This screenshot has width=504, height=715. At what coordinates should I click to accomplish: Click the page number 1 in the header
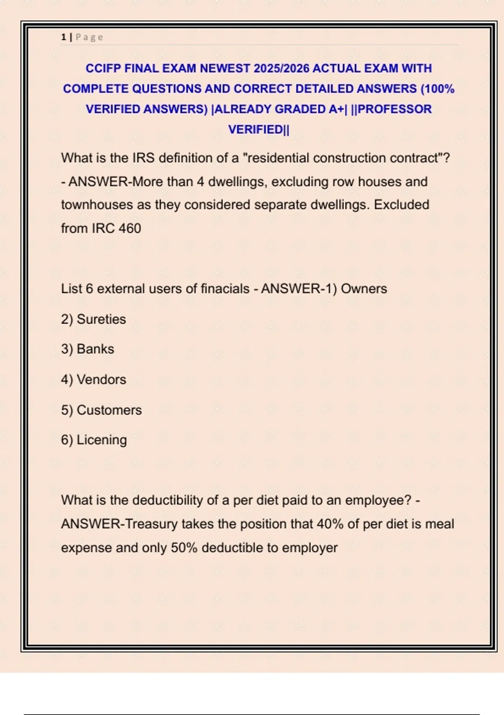[63, 37]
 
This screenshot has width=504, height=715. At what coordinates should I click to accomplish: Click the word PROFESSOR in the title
[394, 109]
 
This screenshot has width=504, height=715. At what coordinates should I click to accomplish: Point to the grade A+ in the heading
[336, 109]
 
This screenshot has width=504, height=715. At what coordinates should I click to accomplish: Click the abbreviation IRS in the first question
[144, 158]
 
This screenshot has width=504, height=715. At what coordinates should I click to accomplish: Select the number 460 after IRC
[129, 228]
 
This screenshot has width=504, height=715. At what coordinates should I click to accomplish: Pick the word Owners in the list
[364, 289]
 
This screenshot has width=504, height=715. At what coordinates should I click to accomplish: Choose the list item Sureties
[101, 319]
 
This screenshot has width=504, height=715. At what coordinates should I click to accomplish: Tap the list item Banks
[95, 349]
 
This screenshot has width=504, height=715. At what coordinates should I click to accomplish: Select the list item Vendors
[101, 380]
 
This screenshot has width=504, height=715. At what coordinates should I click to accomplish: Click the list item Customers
[109, 410]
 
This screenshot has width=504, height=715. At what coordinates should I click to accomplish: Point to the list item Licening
[102, 440]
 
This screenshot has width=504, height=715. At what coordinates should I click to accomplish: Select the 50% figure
[184, 548]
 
